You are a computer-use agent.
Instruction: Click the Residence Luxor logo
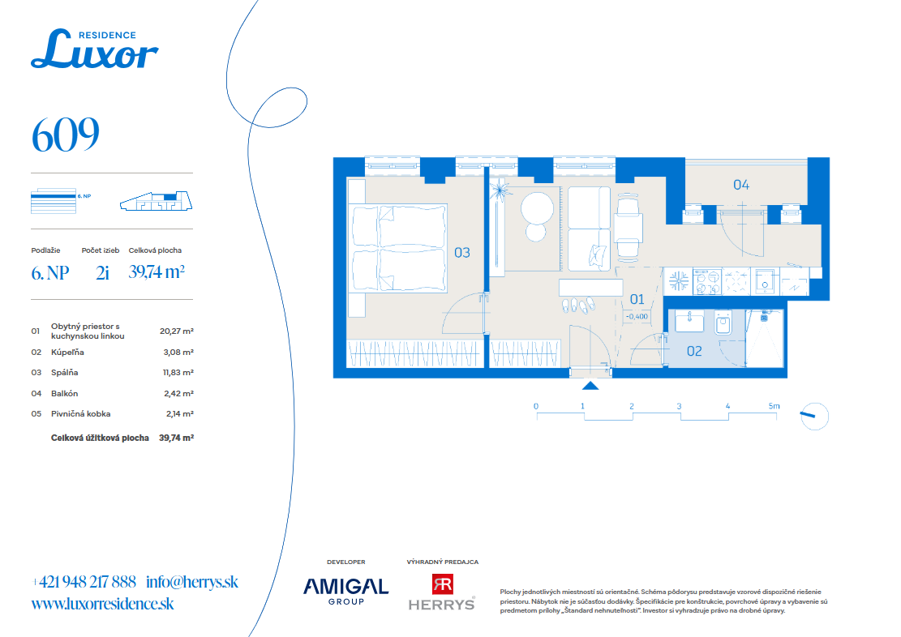[x=94, y=49]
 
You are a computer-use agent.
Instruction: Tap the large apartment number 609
[x=66, y=135]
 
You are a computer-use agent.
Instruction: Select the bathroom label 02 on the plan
[x=694, y=351]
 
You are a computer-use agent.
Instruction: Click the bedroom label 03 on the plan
[x=462, y=253]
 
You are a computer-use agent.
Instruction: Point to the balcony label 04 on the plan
[x=741, y=185]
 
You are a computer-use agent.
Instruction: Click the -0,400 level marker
[x=637, y=317]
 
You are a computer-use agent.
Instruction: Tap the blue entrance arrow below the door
[x=590, y=386]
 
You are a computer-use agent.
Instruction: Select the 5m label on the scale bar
[x=774, y=406]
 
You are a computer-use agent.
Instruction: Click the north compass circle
[x=815, y=416]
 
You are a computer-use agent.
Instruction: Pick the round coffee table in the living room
[x=537, y=208]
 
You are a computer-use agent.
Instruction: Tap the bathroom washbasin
[x=689, y=322]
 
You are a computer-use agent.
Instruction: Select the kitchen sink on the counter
[x=765, y=282]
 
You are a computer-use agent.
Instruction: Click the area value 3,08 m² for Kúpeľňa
[x=178, y=352]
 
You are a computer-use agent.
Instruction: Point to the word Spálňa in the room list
[x=64, y=373]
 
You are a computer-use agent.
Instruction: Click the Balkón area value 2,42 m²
[x=179, y=393]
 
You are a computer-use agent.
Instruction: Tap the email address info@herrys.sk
[x=192, y=582]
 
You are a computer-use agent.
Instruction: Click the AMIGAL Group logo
[x=346, y=591]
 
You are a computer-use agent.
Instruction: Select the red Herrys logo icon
[x=443, y=584]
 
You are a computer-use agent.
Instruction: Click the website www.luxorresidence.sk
[x=102, y=604]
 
